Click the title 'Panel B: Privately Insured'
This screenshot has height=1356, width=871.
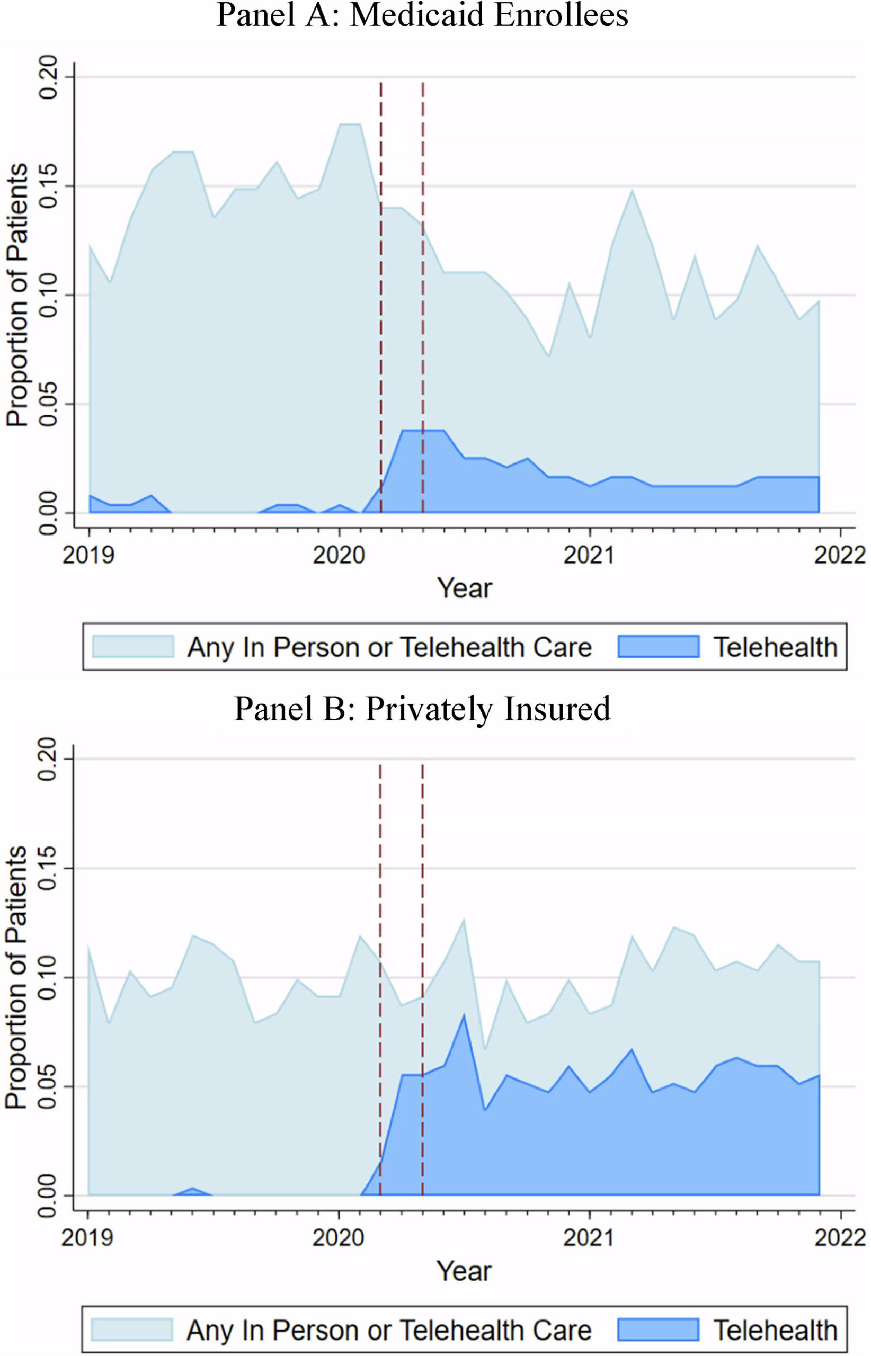tap(422, 709)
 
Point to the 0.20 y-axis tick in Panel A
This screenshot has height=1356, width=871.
tap(49, 77)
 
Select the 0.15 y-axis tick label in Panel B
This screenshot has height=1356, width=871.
tap(49, 868)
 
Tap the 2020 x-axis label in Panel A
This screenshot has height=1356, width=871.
tap(339, 555)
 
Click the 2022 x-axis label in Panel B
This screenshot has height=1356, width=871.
tap(839, 1237)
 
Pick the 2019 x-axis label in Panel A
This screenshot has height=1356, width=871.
tap(88, 555)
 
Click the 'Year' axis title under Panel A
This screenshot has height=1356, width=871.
tap(464, 588)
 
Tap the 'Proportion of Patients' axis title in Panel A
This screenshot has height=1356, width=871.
tap(17, 295)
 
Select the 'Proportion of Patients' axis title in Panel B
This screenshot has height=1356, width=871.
tap(17, 977)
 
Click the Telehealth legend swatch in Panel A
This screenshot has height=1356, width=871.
tap(659, 647)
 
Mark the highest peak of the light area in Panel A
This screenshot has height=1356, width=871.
tap(350, 124)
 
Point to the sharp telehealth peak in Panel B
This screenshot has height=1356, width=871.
tap(464, 1015)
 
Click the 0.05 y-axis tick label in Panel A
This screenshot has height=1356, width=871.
tap(49, 404)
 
